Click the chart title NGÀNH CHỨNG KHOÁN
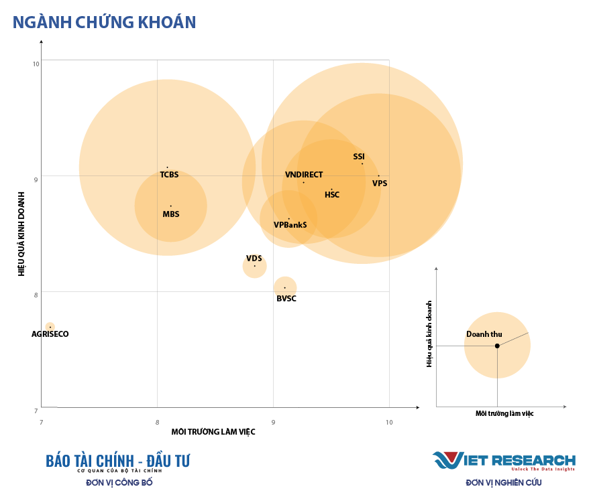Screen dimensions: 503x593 click(x=105, y=22)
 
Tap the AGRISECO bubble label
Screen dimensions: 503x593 click(x=50, y=334)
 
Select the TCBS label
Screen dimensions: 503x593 click(x=169, y=175)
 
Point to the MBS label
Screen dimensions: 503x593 click(x=171, y=214)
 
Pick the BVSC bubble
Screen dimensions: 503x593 click(x=285, y=287)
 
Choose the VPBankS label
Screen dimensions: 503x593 click(x=290, y=225)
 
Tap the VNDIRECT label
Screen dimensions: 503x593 click(x=304, y=175)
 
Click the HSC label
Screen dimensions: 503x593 click(x=332, y=195)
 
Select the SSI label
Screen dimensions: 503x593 click(x=359, y=157)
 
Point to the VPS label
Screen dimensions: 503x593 click(x=380, y=184)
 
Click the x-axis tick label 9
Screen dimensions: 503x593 click(x=273, y=422)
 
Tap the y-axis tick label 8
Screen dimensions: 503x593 click(x=36, y=293)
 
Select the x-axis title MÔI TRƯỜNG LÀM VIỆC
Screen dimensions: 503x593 click(x=213, y=432)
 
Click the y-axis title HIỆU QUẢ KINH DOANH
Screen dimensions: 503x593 click(x=21, y=234)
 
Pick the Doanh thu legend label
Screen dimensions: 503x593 click(x=484, y=334)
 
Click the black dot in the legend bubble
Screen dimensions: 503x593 click(x=497, y=346)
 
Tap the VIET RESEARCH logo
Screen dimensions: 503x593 click(x=504, y=461)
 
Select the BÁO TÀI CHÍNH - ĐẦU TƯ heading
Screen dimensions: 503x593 click(x=118, y=461)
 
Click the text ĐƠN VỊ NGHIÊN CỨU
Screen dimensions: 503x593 click(x=503, y=482)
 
